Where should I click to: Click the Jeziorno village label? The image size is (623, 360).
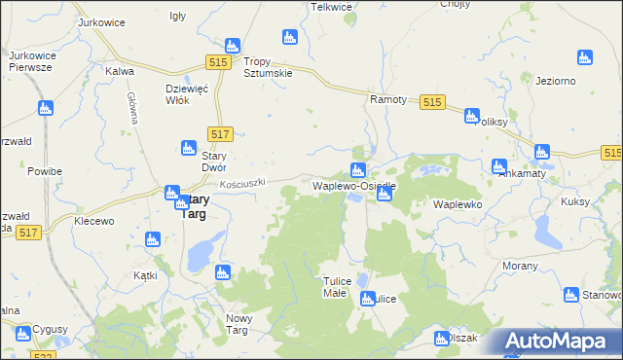[x=556, y=81]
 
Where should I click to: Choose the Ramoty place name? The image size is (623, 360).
[x=385, y=99]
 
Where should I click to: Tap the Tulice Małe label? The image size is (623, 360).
[x=335, y=287]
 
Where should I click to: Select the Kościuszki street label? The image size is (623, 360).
[x=241, y=182]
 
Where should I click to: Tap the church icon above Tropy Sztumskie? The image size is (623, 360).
[x=232, y=46]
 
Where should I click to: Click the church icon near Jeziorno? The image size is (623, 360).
[x=585, y=58]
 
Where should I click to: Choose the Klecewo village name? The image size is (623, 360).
[x=94, y=221]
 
